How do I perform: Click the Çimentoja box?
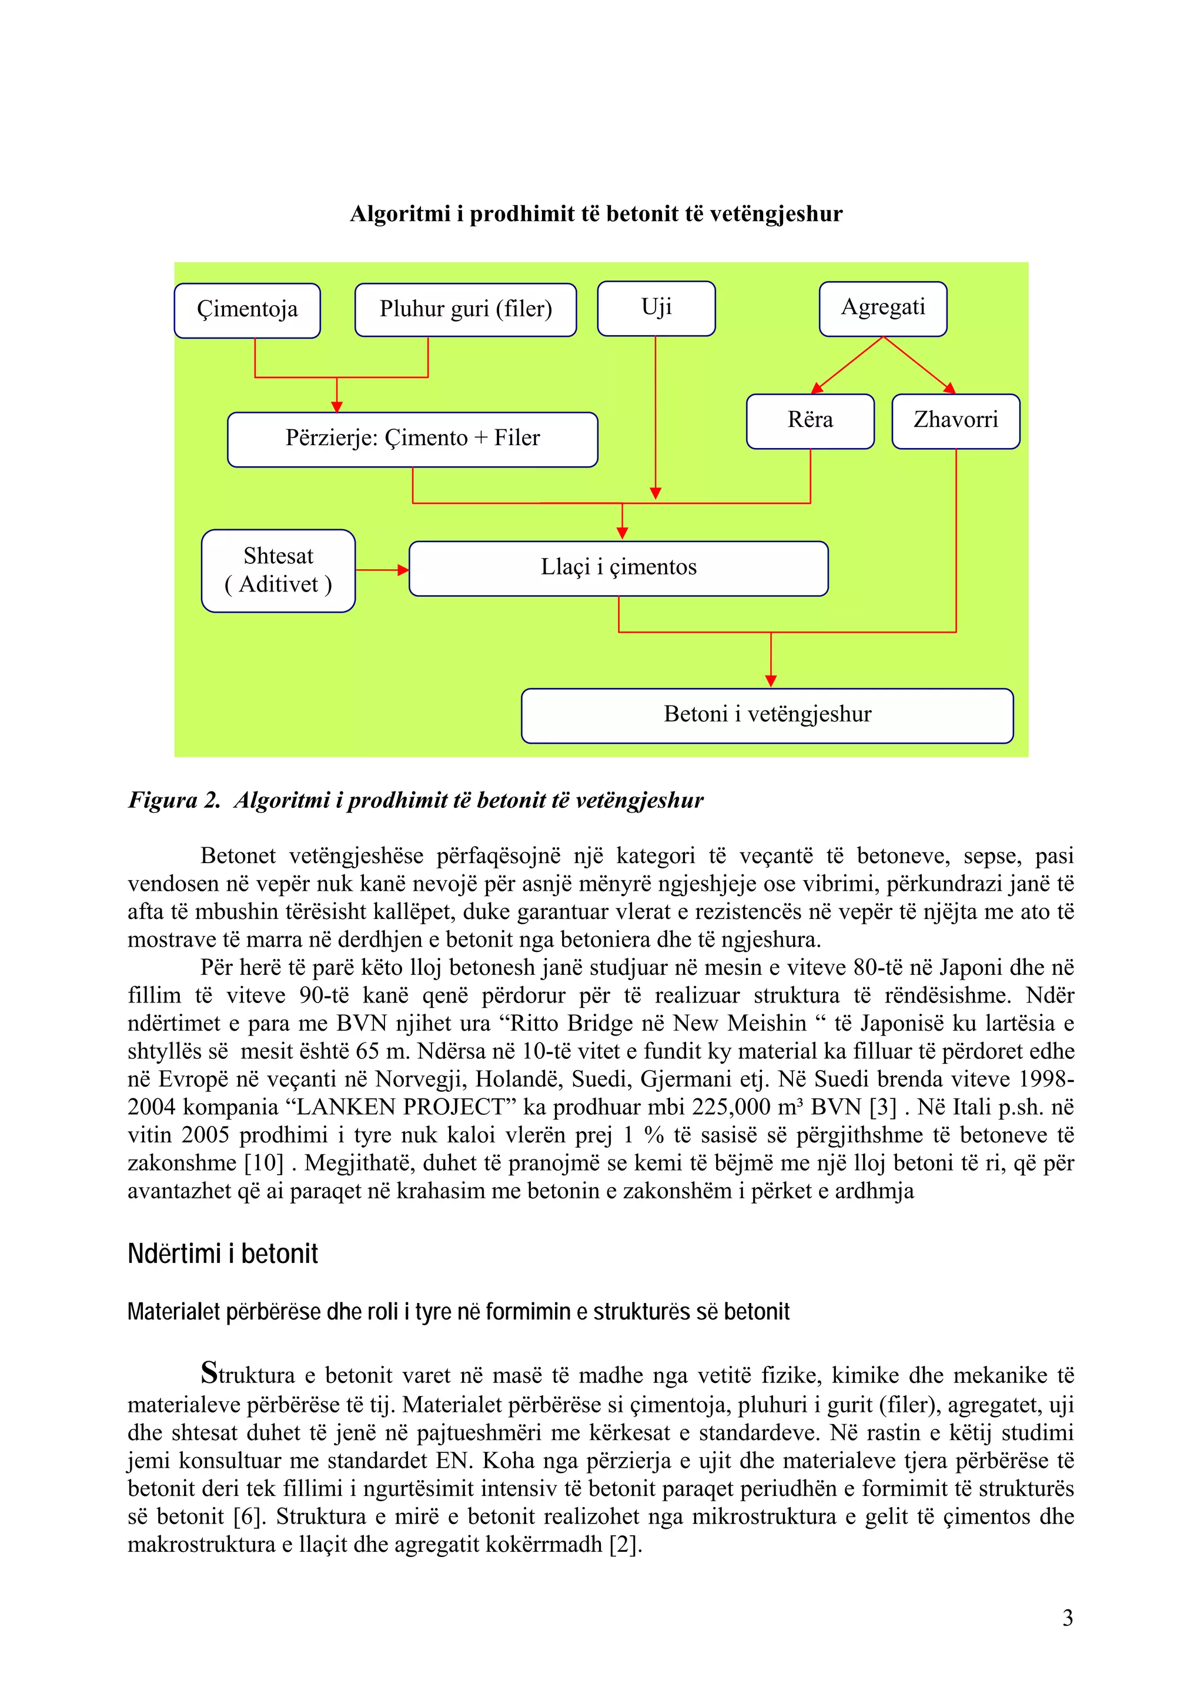coord(247,310)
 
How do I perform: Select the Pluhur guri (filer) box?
coord(465,309)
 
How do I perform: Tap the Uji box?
coord(655,308)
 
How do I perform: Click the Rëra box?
coord(810,421)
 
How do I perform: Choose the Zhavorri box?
coord(955,421)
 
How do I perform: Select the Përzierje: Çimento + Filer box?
coord(413,439)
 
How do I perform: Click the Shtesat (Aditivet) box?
coord(278,570)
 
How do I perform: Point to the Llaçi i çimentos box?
coord(618,568)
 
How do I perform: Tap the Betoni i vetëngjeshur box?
coord(767,714)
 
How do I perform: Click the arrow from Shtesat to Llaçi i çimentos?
coord(382,570)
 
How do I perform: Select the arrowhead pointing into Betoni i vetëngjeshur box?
coord(771,680)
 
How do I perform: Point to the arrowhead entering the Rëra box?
coord(817,387)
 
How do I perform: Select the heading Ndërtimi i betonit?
coord(223,1254)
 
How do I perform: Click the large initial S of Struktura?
coord(210,1372)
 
